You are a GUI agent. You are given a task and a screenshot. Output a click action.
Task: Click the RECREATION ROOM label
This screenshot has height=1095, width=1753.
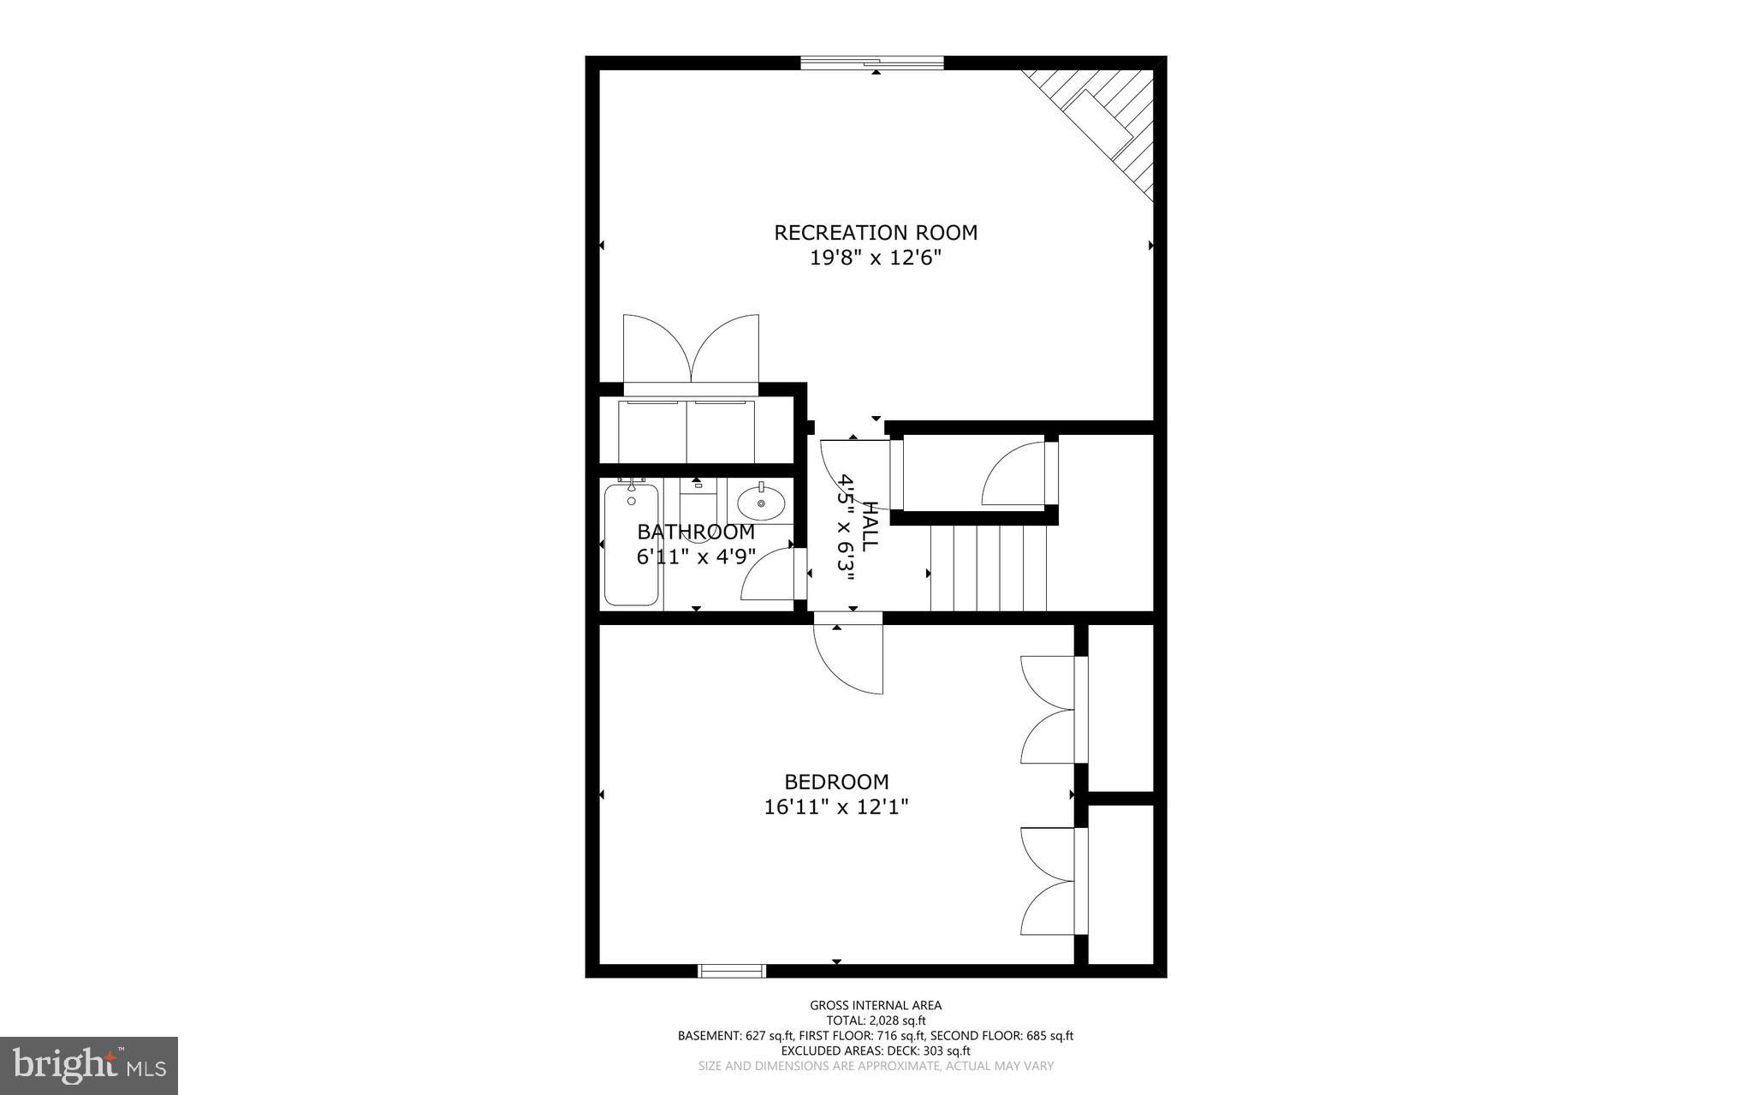tap(876, 232)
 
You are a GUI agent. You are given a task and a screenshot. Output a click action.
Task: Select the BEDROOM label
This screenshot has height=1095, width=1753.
tap(836, 782)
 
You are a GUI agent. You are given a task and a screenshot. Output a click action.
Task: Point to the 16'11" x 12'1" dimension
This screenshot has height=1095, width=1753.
tap(836, 806)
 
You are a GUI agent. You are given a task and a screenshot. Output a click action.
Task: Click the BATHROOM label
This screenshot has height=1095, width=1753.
tap(696, 532)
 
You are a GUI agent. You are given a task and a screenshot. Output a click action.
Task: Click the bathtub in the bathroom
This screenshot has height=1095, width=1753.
tap(632, 545)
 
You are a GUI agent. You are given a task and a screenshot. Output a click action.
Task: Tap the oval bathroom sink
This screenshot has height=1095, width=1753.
tap(760, 503)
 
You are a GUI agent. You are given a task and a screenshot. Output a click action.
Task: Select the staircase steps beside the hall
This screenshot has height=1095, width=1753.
tap(989, 567)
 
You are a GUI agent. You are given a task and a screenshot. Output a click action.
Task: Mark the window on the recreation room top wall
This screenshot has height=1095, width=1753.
tap(871, 62)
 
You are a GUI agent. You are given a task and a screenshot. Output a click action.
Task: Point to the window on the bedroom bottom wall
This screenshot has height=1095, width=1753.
tap(731, 970)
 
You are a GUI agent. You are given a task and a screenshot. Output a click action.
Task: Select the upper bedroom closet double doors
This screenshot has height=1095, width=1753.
tap(1049, 709)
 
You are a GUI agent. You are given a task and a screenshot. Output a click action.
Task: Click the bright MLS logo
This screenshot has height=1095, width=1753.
tap(88, 1065)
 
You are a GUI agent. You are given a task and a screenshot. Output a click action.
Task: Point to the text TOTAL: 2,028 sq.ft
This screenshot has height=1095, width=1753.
tap(876, 1021)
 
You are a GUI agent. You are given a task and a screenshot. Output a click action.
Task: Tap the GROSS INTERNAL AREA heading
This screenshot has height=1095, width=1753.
tap(876, 1005)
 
